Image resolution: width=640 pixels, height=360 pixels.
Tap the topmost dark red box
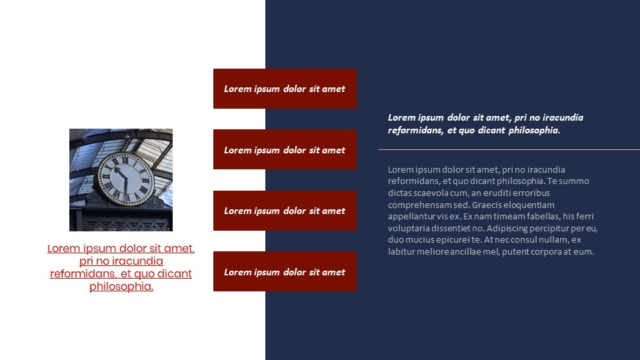coord(285,89)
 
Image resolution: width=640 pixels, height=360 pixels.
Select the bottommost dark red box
coord(285,271)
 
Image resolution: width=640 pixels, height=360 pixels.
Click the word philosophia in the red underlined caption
coord(121,287)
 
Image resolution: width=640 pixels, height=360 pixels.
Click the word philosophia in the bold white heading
coord(535,130)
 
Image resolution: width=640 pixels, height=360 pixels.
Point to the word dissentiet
coord(453,228)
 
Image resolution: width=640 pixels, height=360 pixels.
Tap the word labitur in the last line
coord(401,252)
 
